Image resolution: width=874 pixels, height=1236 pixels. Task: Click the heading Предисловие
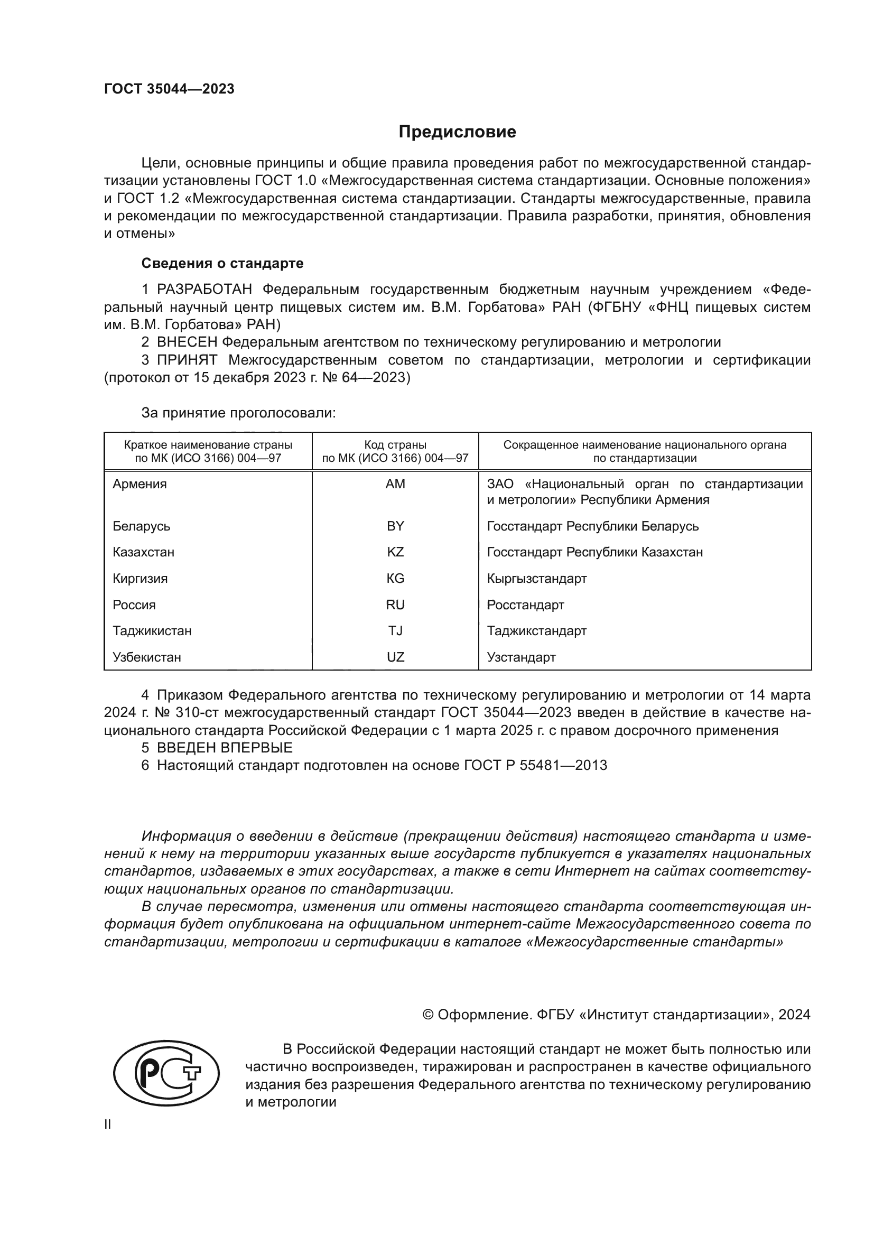[x=457, y=132]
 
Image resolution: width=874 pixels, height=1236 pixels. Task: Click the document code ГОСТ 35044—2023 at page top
[x=169, y=89]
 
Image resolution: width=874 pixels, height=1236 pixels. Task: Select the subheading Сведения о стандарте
[x=222, y=263]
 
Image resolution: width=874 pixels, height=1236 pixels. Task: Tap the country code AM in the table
[x=395, y=484]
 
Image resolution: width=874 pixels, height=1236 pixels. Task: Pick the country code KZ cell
[x=395, y=552]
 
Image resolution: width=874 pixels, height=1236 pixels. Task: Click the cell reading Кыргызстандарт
[x=536, y=579]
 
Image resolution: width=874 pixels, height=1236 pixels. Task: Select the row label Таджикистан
[x=152, y=631]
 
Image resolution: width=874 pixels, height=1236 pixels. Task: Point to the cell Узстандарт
[x=521, y=657]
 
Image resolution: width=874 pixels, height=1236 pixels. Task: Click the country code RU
[x=395, y=605]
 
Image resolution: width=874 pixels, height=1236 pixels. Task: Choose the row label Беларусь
[x=141, y=526]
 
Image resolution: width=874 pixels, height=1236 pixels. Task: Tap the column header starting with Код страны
[x=395, y=452]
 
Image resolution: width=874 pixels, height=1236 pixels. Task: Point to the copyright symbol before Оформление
[x=428, y=1015]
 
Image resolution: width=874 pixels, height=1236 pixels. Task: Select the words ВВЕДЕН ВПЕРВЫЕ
[x=225, y=748]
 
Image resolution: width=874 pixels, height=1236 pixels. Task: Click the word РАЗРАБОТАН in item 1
[x=204, y=290]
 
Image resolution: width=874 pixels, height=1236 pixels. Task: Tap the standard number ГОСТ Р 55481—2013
[x=535, y=766]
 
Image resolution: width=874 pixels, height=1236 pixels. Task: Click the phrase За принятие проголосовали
[x=238, y=413]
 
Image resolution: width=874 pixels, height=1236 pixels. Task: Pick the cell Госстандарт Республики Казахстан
[x=594, y=552]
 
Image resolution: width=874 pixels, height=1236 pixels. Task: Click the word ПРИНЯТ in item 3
[x=187, y=360]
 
